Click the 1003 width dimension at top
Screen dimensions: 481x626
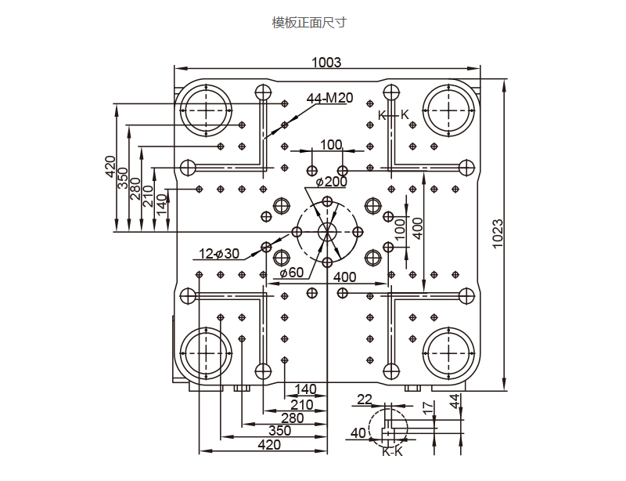[326, 63]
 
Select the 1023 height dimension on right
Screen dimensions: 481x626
[498, 233]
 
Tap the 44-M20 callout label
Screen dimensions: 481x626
[329, 99]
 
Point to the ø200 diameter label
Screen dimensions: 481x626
[332, 182]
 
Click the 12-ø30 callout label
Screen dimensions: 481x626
[219, 253]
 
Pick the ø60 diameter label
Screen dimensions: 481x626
[291, 273]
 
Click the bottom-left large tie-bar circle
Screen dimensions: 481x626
[206, 353]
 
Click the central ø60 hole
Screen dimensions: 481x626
[326, 232]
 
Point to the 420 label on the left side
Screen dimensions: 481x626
[110, 166]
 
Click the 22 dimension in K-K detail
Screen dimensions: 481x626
[365, 400]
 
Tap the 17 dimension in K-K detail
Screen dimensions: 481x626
[426, 407]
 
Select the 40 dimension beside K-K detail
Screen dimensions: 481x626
[358, 432]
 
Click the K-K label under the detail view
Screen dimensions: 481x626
[392, 451]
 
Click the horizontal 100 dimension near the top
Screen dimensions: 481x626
[331, 144]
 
